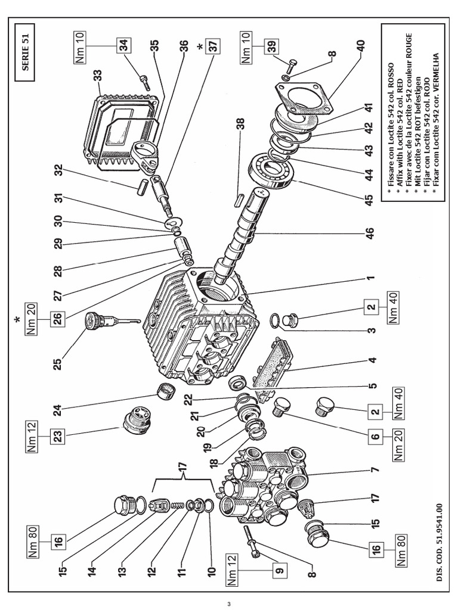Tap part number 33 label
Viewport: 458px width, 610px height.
97,76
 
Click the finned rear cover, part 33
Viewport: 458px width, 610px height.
125,125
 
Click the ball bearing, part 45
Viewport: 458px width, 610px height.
273,170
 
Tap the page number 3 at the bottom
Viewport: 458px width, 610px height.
228,603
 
